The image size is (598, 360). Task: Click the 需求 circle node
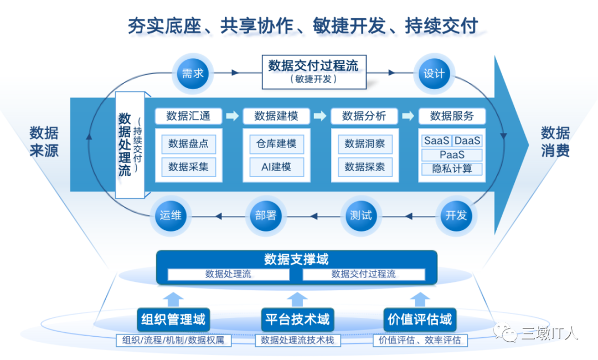coord(193,73)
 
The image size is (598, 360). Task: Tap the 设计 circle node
coord(434,73)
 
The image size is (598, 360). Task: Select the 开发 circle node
coord(456,215)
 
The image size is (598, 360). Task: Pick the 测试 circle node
coord(361,215)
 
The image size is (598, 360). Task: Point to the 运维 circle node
coord(171,215)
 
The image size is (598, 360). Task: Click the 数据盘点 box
coord(188,144)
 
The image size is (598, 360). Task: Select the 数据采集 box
coord(188,166)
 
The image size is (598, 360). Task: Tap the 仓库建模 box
coord(276,144)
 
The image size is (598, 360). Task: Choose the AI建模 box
coord(276,166)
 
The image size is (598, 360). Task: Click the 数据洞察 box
coord(364,144)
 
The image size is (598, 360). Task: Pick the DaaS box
coord(468,141)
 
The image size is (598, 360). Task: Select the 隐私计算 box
coord(452,169)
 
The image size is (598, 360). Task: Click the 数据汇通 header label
coord(188,116)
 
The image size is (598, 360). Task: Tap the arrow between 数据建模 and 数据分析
coord(319,116)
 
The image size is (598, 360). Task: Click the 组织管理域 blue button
coord(173,319)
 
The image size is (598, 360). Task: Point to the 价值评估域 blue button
coord(420,319)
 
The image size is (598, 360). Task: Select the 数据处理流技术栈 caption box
coord(297,340)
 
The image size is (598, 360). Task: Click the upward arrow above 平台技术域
coord(297,299)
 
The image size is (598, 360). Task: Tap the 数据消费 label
coord(555,142)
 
